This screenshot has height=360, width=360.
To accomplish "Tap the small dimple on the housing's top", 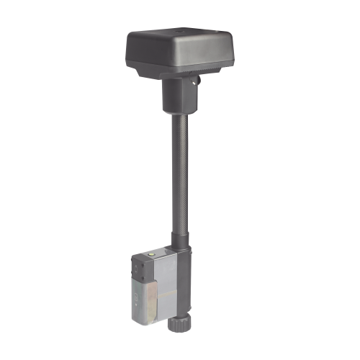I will (x=173, y=31).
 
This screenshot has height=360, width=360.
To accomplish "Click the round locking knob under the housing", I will (x=195, y=83).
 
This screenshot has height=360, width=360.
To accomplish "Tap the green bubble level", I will (x=152, y=253).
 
